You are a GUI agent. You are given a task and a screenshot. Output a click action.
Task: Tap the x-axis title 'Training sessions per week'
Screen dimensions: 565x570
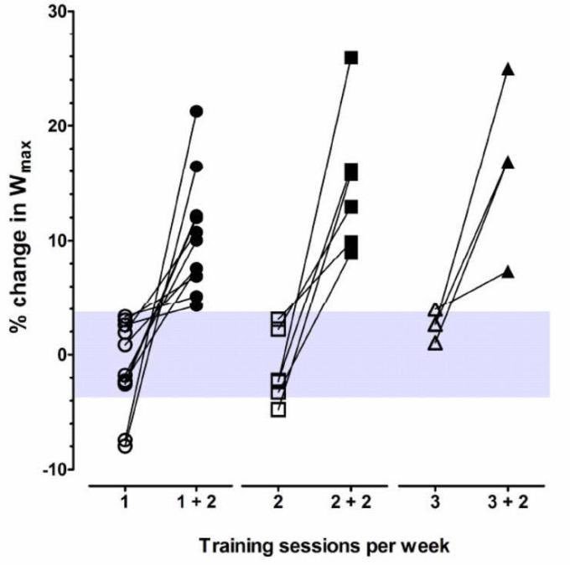(324, 546)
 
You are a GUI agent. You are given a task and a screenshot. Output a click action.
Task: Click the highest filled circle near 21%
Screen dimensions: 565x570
(196, 111)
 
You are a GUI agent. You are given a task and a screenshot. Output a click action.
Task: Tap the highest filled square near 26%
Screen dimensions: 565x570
(351, 58)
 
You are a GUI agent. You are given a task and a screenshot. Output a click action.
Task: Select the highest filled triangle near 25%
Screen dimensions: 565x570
(507, 69)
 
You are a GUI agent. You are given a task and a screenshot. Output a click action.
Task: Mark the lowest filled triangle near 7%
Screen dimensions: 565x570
(507, 272)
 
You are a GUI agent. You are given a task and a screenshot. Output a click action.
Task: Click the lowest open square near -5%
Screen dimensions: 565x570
(279, 409)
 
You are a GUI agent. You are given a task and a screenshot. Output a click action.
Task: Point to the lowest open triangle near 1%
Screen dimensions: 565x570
(435, 342)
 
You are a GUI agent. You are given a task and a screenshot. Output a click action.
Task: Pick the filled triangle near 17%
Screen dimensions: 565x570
(507, 162)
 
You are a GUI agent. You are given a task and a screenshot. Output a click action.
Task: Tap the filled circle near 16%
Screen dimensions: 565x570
(196, 167)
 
